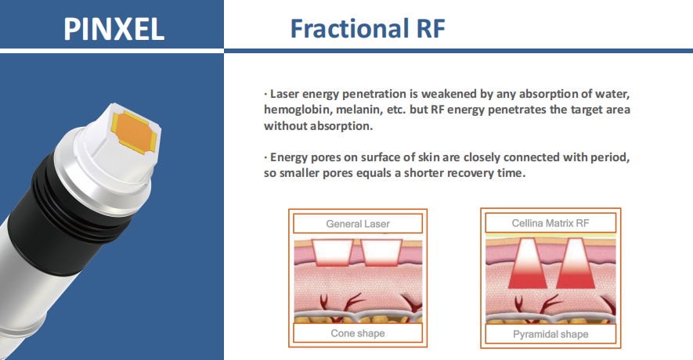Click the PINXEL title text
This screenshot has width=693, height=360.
tap(114, 29)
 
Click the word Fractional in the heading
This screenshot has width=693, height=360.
tap(349, 28)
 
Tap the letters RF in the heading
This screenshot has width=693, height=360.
tap(431, 29)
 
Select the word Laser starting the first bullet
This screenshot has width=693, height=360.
tap(284, 94)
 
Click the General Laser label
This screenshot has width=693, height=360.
tap(358, 224)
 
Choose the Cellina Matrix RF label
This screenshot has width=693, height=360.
tap(550, 223)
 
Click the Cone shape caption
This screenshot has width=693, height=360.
tap(358, 333)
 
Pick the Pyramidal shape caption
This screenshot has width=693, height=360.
tap(550, 334)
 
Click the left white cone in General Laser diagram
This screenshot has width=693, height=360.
tap(333, 253)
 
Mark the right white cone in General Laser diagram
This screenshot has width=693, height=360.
tap(381, 253)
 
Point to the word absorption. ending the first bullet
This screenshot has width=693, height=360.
tap(341, 126)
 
